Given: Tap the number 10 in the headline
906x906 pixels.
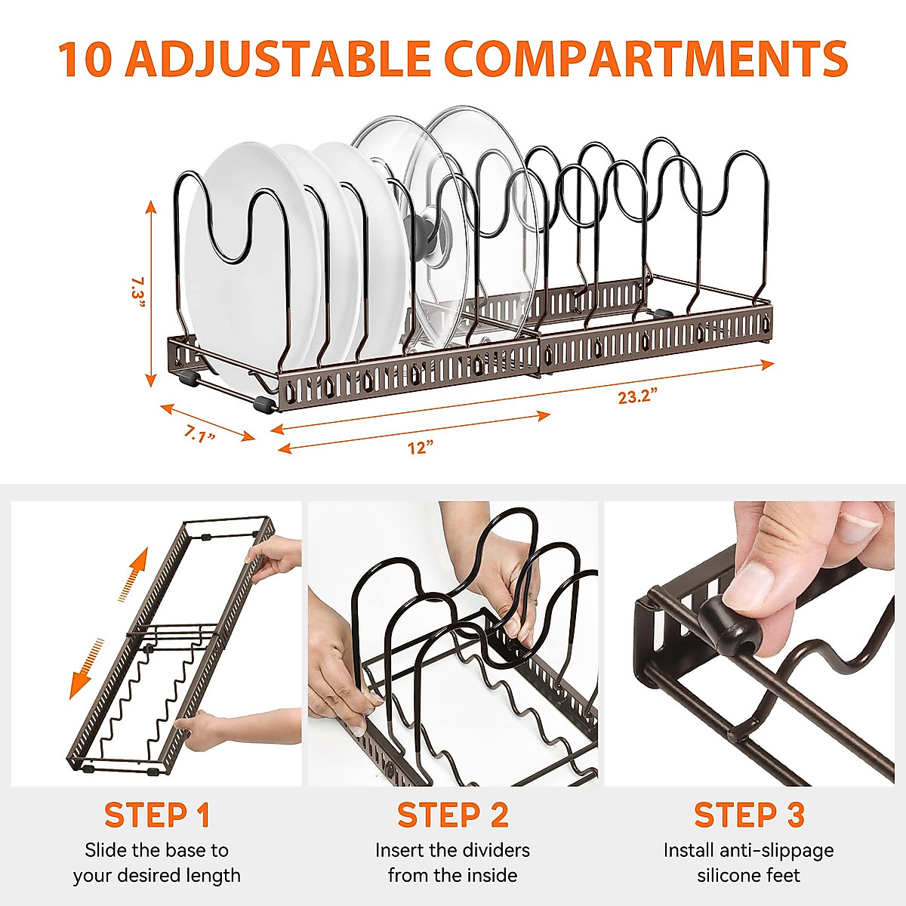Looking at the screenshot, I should coord(85,58).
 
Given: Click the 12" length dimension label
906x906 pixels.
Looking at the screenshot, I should coord(421,447).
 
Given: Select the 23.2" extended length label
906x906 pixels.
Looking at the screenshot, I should coord(638,396).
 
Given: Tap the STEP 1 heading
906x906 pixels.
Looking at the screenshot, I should coord(157,815).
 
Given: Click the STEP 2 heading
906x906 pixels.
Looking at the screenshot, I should coord(453,815).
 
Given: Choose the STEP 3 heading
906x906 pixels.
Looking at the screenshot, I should coord(749,815).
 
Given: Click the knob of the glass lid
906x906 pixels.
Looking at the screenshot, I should coord(424,230).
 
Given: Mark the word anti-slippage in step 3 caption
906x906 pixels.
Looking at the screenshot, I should coord(778,850).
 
